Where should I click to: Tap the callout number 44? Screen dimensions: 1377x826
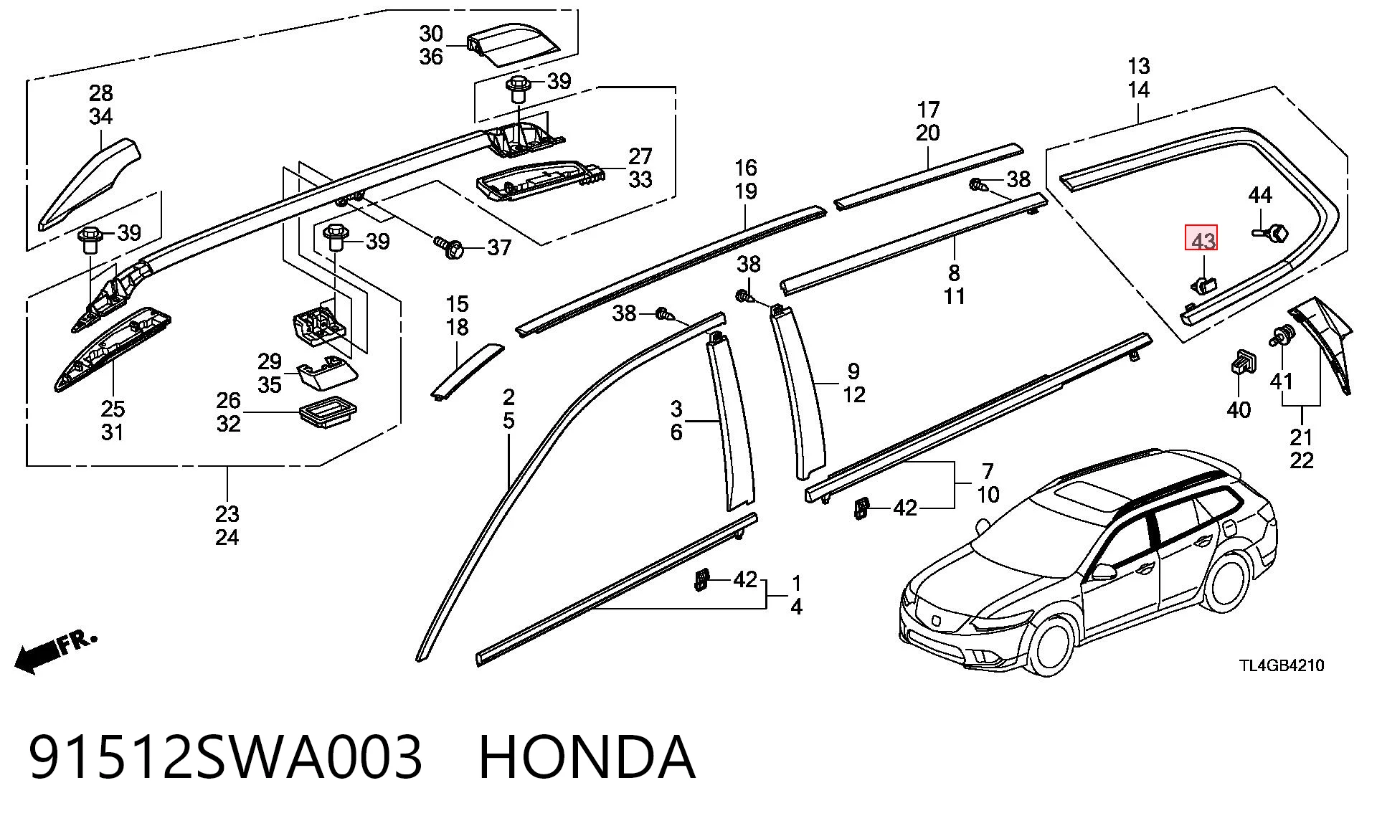(1260, 195)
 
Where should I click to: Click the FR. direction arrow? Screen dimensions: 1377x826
(55, 652)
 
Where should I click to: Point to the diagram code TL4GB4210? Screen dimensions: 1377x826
(1282, 665)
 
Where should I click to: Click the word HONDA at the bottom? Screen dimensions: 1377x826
(587, 757)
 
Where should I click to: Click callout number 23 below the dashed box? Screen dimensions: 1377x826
(227, 514)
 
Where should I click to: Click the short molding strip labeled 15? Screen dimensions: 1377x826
(466, 369)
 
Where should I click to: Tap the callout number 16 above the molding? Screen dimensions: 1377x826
(746, 168)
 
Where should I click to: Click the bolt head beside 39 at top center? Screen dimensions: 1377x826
(518, 87)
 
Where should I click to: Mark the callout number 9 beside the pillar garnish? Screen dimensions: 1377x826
(853, 371)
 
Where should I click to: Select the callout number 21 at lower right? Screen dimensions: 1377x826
(1301, 437)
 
